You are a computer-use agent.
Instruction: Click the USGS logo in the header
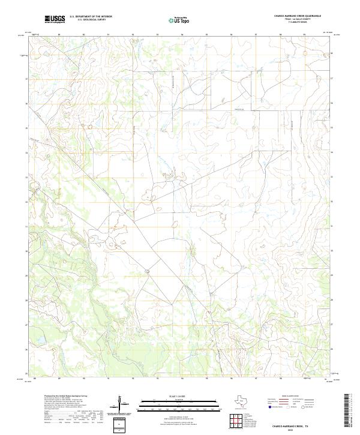pos(55,19)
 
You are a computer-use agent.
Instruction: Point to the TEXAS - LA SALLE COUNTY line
pos(298,19)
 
